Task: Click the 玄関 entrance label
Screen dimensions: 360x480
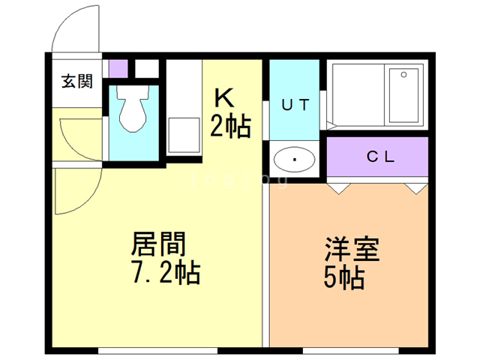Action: point(77,81)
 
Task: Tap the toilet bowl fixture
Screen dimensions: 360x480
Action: point(133,112)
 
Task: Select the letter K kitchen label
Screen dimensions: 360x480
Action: point(224,99)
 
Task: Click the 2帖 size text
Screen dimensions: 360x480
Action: point(229,127)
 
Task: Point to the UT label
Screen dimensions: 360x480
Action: point(295,105)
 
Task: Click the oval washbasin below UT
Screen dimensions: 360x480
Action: point(295,158)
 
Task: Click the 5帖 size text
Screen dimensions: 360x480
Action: point(344,278)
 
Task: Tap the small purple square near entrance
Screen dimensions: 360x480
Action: point(118,67)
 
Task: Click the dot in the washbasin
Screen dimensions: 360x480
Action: point(295,159)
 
